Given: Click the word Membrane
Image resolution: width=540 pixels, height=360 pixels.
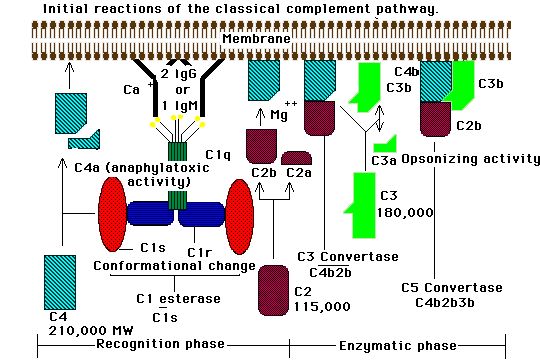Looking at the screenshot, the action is tap(257, 38).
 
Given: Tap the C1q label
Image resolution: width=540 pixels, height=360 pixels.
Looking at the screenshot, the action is tap(218, 155).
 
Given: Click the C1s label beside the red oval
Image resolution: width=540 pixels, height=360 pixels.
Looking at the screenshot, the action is tap(153, 247).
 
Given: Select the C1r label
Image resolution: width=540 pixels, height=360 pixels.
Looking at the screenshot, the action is tap(199, 253).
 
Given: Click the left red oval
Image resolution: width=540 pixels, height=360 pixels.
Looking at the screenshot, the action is tap(112, 215).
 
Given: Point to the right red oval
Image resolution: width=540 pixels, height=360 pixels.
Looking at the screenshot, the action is tap(240, 215).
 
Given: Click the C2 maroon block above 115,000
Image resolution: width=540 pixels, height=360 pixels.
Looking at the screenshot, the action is tap(273, 290).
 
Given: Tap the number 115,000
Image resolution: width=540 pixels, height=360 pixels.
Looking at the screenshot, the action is tap(322, 306).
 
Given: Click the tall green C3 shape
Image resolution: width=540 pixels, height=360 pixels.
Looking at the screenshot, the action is tap(362, 205).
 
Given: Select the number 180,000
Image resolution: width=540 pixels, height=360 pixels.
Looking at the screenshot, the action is tap(405, 212).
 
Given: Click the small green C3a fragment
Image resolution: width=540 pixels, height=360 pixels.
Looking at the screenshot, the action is tap(386, 144).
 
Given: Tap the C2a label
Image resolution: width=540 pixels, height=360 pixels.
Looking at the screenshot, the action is tap(299, 173).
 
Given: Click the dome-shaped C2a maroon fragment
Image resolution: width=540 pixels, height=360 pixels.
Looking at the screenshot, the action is tap(297, 158).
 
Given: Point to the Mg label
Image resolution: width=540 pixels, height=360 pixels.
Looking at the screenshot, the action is tap(279, 114).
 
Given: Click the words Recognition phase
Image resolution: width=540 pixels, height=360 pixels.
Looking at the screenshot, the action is tap(160, 343).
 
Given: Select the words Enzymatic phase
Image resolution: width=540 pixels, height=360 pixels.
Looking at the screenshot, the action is tap(398, 346).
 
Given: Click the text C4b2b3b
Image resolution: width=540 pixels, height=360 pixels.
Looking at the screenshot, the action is tap(445, 302).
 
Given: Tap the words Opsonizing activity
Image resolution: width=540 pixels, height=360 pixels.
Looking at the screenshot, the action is tap(470, 159).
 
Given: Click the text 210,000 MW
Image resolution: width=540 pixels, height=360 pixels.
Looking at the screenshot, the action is tap(91, 331).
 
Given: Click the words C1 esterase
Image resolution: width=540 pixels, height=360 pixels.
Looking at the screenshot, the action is tap(178, 298).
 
